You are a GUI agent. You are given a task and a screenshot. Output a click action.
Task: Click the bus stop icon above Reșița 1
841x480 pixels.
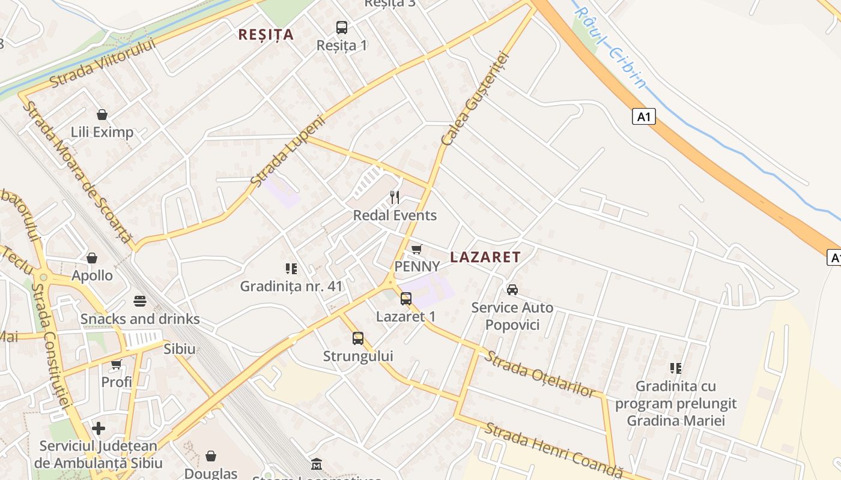341,27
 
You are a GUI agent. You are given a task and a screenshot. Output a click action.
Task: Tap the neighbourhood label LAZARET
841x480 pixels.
485,257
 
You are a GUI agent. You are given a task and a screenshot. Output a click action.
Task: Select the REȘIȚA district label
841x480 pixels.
266,35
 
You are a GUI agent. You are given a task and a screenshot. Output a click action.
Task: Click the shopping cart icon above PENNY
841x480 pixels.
417,249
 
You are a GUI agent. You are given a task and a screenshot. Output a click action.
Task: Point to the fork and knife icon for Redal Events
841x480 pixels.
395,197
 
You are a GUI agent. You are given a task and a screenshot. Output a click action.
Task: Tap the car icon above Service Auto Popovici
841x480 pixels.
512,290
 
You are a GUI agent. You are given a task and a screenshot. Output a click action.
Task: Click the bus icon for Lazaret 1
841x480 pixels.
406,298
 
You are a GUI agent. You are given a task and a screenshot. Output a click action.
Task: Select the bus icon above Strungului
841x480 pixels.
358,338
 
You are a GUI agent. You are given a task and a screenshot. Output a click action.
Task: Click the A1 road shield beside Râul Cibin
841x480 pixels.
643,116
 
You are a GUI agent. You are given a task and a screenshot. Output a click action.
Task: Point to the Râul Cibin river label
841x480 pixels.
610,47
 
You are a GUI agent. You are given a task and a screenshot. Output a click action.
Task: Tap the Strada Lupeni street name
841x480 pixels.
287,151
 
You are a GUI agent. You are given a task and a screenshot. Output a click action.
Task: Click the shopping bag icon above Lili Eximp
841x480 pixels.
102,115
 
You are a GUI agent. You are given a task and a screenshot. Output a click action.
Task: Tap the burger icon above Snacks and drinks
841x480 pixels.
140,301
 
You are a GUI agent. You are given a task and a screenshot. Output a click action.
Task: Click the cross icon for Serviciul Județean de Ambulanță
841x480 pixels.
99,428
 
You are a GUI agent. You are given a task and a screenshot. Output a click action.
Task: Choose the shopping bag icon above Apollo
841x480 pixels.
92,258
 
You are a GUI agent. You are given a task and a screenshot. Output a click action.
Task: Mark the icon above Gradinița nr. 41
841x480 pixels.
291,269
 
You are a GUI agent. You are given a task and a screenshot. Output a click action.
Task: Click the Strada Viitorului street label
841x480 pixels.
102,64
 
